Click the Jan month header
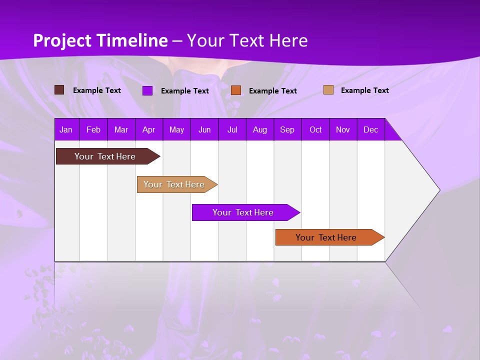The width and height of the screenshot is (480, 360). (66, 130)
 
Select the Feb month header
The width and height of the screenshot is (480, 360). (93, 130)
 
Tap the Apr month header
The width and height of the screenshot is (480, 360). (148, 130)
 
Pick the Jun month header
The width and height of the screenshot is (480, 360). (204, 130)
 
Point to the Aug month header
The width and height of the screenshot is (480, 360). (259, 130)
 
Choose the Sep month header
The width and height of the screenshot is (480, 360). (287, 130)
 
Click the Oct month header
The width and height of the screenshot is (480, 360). (315, 130)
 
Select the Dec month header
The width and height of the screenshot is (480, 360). (370, 130)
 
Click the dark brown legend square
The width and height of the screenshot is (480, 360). (59, 90)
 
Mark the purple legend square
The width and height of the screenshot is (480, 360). (147, 90)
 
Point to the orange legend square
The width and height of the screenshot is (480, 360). (236, 90)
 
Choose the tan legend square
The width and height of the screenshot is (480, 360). (328, 90)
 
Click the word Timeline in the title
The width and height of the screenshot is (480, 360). (132, 40)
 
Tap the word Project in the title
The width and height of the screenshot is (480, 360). (62, 41)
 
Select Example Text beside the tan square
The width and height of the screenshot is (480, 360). (364, 90)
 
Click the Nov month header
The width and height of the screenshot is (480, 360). (343, 130)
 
